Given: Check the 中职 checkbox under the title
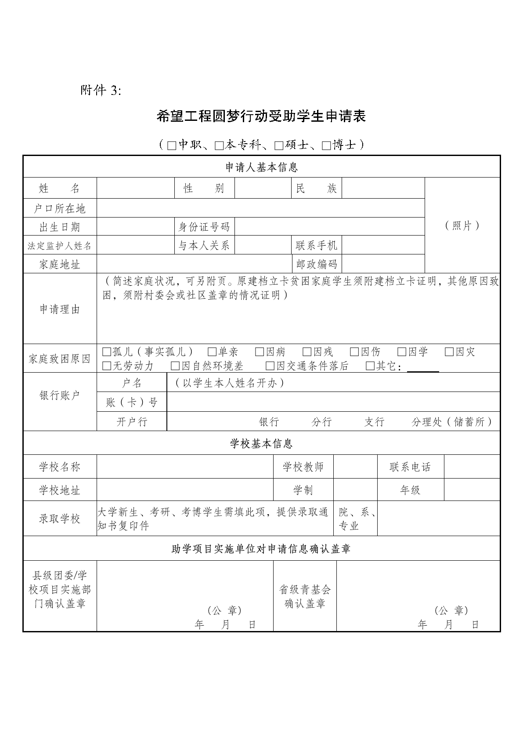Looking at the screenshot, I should pos(172,145).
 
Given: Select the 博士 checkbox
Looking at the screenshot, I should pos(326,145).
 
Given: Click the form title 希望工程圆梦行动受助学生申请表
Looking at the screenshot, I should pos(261,116).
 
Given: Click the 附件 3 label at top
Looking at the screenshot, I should pos(100,91).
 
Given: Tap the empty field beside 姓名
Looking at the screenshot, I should pos(135,189).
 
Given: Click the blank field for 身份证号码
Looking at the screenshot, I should pos(329,227).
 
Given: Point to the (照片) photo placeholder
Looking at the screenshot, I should pos(462,225).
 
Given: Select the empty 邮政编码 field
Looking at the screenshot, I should pos(383,264).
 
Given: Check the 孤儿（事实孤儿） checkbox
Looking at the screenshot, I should pos(107,352).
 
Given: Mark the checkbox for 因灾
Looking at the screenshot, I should pos(449,352).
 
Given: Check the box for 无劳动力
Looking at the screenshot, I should pos(107,366).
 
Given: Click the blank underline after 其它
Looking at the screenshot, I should pos(423,367).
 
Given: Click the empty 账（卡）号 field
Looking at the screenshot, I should pos(333,402).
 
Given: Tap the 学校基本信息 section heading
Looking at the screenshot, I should pos(261,443).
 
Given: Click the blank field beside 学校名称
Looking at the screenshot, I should pos(184,467).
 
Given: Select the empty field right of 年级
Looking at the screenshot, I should pos(472,490).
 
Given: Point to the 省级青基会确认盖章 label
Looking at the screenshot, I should pos(305,596).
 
